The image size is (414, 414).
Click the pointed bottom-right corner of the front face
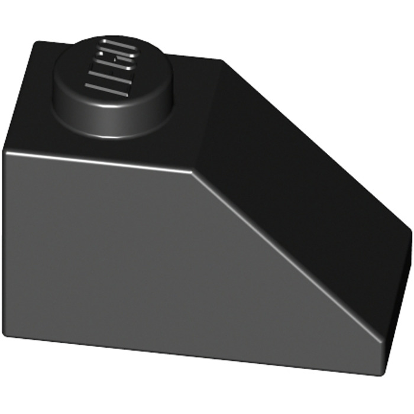381,374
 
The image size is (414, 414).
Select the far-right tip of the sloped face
410,228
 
